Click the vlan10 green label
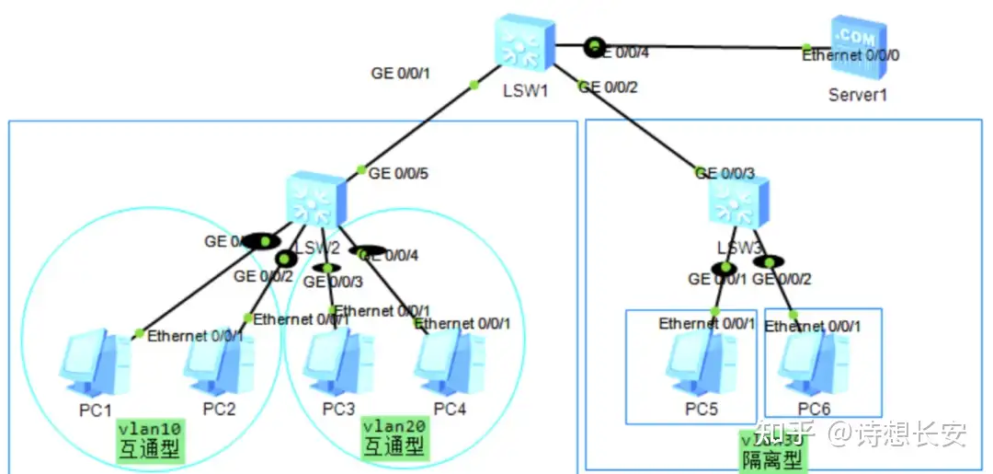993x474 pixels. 150,428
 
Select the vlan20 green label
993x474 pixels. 394,426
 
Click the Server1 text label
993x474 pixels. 857,94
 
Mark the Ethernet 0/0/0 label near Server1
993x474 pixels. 850,55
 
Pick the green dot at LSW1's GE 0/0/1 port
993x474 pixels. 474,85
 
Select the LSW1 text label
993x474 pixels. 525,91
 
